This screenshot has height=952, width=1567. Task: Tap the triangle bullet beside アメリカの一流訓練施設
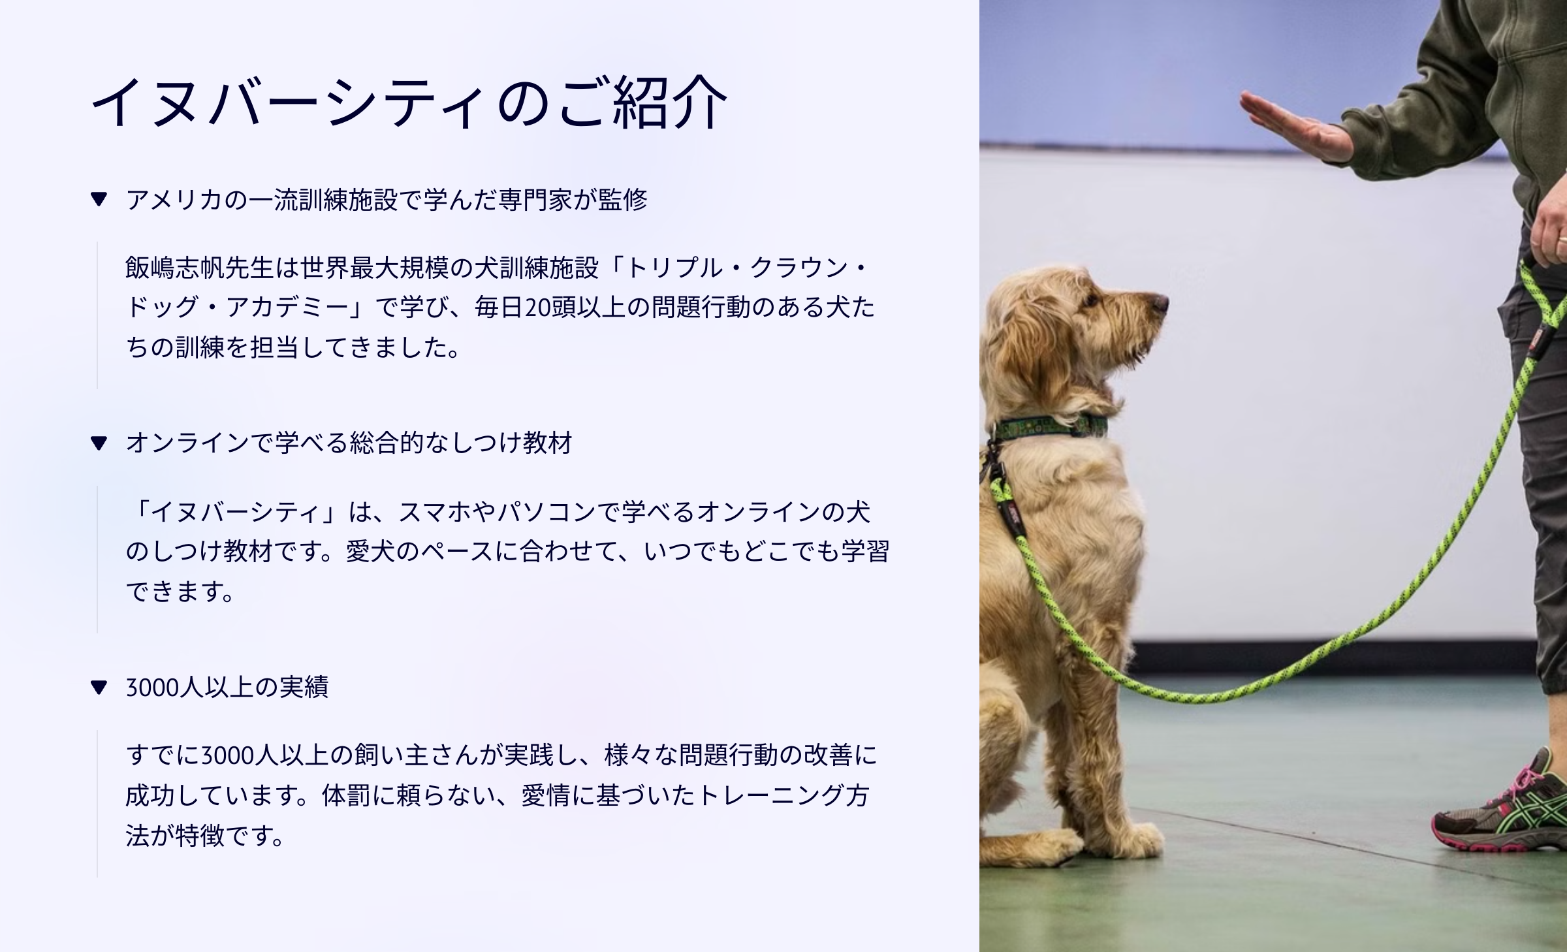(x=99, y=199)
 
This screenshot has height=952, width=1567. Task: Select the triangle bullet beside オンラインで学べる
(x=99, y=443)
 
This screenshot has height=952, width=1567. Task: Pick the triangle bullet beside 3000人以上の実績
(x=99, y=687)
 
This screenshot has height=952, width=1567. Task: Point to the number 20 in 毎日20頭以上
(x=537, y=308)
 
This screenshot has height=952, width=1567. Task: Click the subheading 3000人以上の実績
(x=227, y=687)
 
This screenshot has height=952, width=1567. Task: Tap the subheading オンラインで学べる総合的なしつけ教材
(x=349, y=443)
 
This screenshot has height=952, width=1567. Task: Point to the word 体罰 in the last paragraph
(x=347, y=795)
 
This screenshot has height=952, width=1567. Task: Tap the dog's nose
(x=1159, y=302)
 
